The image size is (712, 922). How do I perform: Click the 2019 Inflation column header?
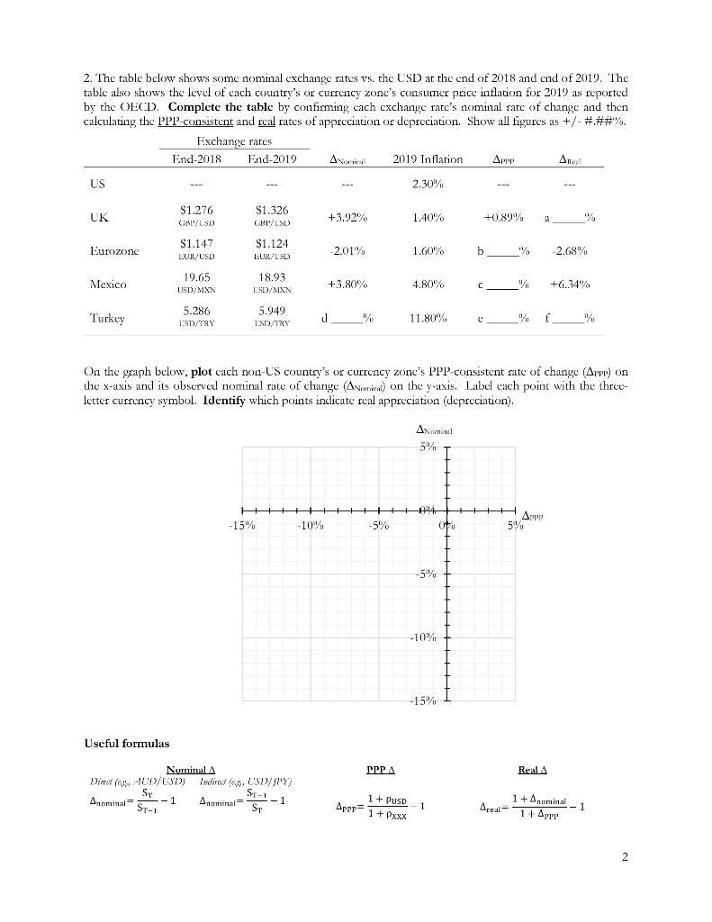coord(428,159)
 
